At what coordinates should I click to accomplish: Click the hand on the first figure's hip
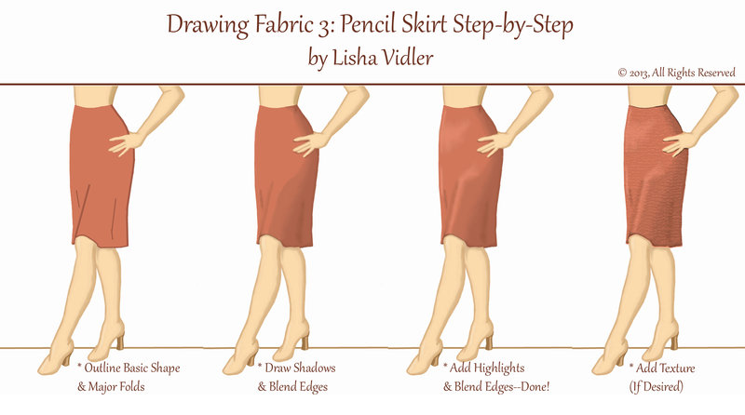[126, 142]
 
